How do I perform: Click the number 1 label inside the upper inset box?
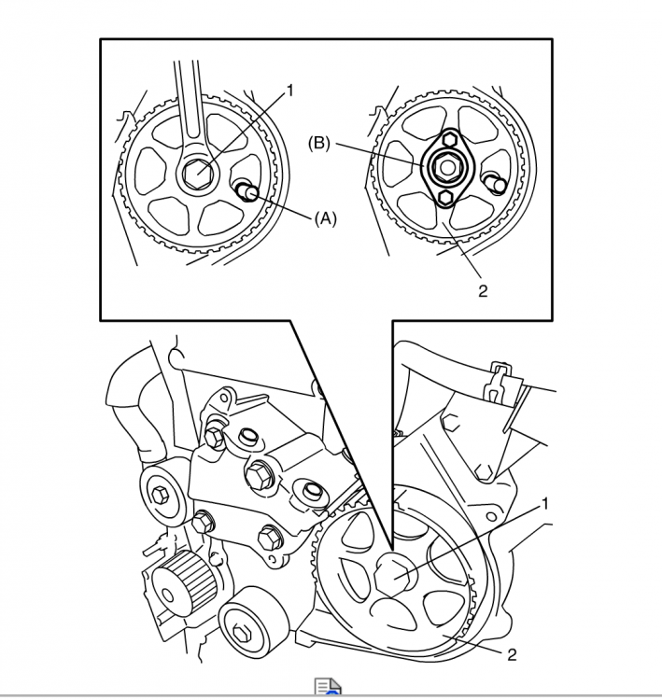(x=289, y=91)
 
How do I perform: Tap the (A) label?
(x=326, y=218)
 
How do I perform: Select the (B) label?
(x=319, y=144)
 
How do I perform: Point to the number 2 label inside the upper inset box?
(x=483, y=291)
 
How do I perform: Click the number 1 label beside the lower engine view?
(x=544, y=504)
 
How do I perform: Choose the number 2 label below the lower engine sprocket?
(x=512, y=655)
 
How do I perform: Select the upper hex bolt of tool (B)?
(x=449, y=140)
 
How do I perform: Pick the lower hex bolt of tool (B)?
(x=445, y=197)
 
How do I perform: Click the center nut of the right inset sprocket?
(x=445, y=167)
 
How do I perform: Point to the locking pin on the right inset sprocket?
(x=496, y=183)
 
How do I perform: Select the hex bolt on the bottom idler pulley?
(x=240, y=632)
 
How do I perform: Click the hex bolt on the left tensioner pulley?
(x=160, y=495)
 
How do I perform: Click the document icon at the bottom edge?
(x=328, y=688)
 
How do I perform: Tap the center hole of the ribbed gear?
(x=167, y=595)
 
